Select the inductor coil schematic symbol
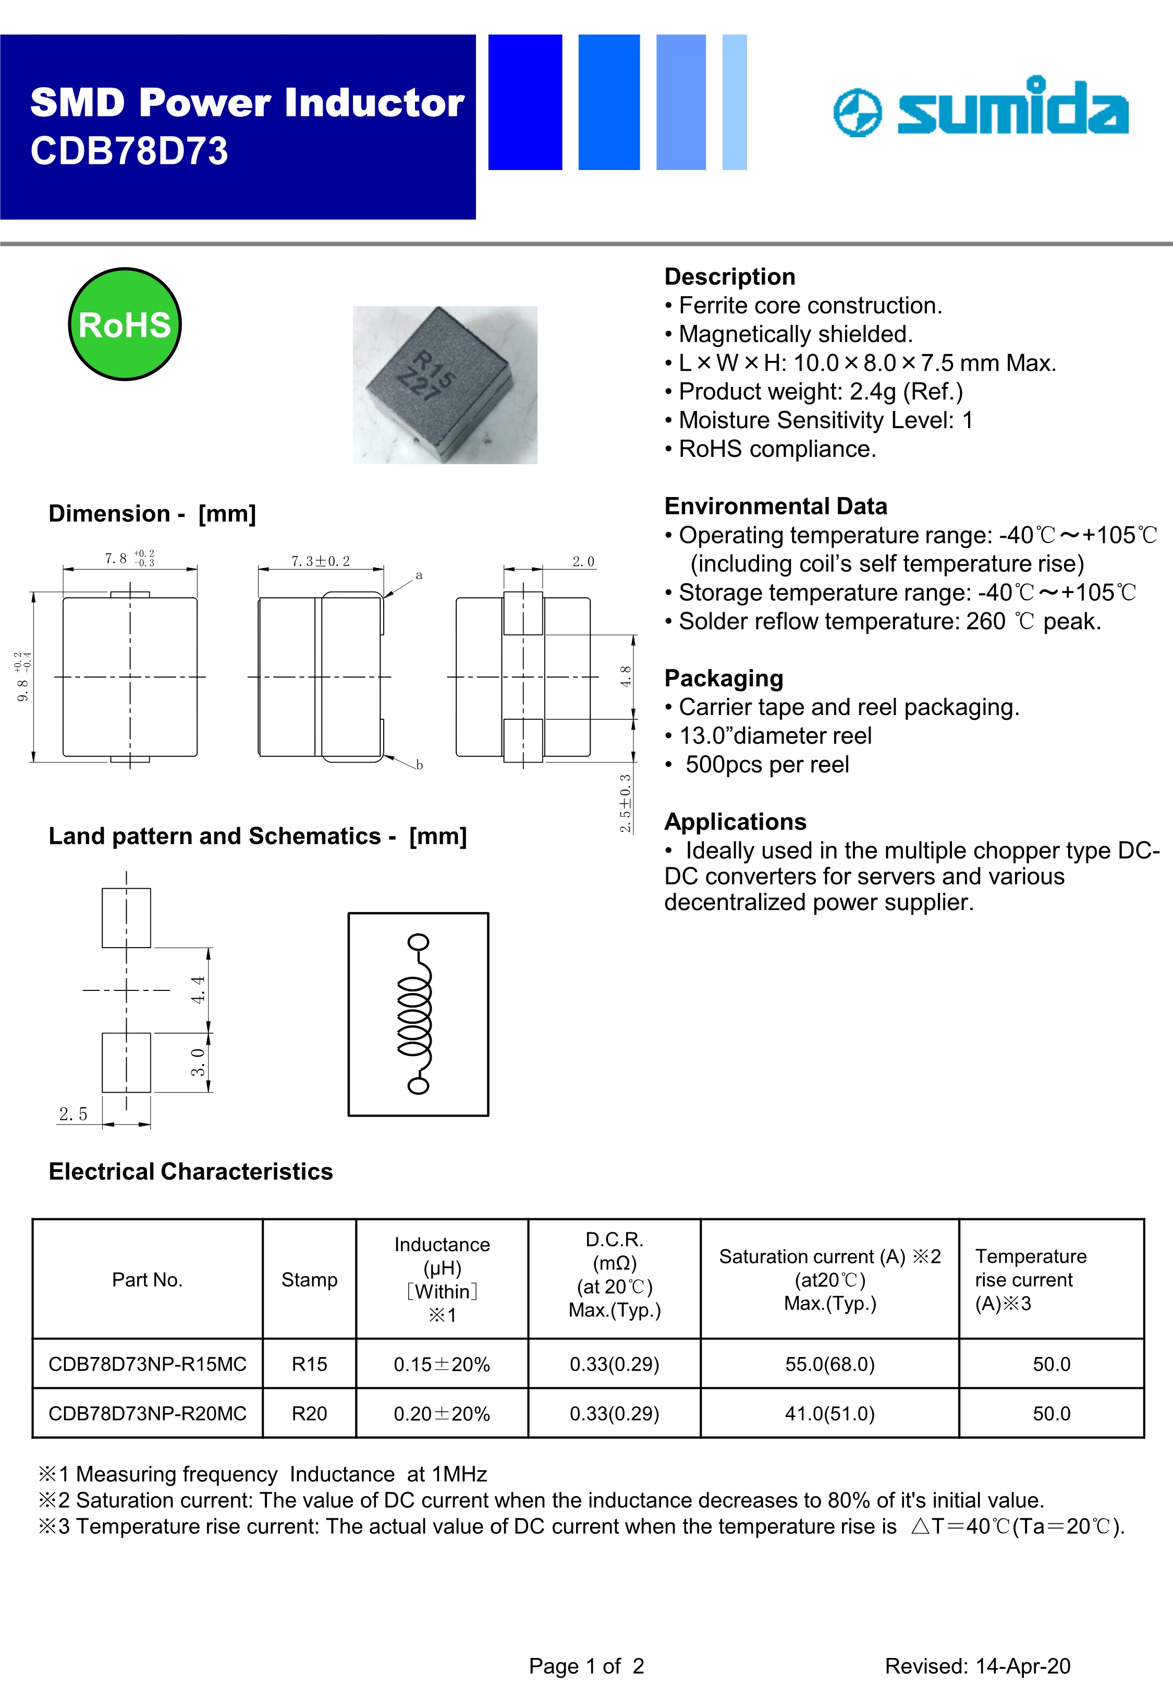click(417, 1014)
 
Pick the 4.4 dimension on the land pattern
click(198, 989)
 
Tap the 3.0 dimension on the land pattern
click(198, 1062)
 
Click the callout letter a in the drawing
click(419, 575)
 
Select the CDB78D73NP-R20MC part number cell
click(147, 1413)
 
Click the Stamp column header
click(310, 1280)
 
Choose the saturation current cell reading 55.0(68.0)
click(830, 1364)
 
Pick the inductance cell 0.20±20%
click(442, 1413)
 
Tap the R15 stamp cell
click(310, 1364)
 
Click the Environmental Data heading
click(775, 506)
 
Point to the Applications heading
click(735, 822)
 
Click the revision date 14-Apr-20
click(1018, 1666)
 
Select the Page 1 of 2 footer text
click(586, 1666)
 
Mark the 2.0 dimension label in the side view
click(583, 562)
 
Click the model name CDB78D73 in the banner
click(129, 151)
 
